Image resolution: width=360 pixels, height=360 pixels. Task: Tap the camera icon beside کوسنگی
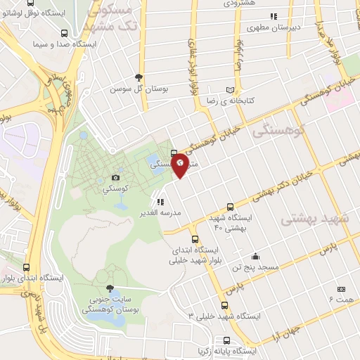(115, 179)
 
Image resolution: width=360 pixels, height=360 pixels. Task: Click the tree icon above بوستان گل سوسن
(139, 77)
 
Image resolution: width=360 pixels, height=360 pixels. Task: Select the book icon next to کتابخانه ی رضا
(231, 89)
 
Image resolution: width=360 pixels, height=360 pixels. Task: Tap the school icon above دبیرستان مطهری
(274, 16)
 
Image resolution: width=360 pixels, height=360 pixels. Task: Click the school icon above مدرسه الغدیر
(160, 202)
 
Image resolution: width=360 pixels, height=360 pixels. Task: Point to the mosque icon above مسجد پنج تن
(255, 256)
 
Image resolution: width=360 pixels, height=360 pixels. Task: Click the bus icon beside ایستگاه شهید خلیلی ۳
(224, 305)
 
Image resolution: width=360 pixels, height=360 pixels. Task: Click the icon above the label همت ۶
(342, 289)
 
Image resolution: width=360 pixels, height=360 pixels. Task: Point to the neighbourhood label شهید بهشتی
(314, 219)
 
